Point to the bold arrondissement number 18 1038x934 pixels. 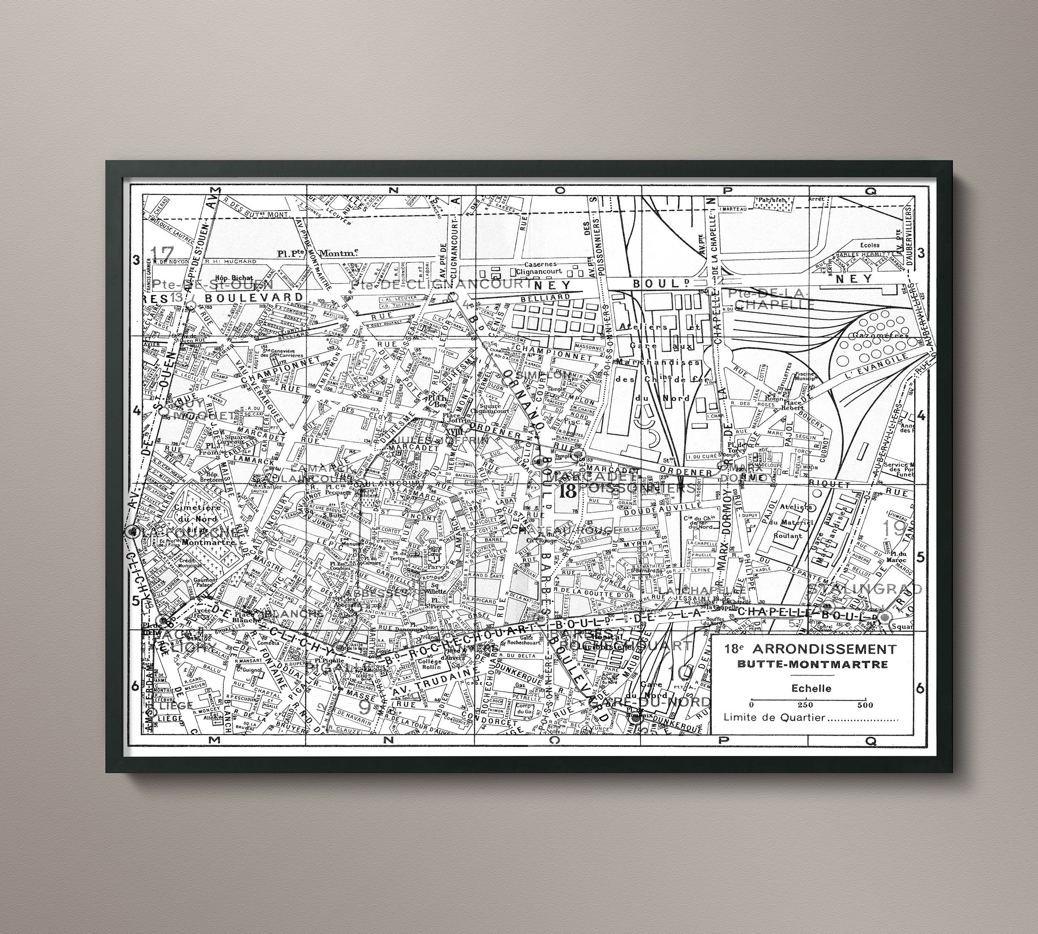[x=568, y=491]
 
